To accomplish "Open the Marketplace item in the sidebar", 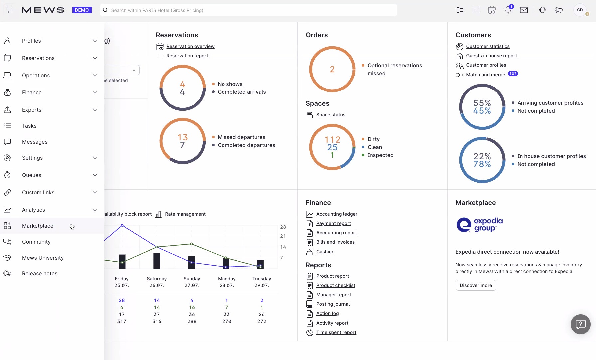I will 37,226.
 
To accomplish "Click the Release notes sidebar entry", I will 39,273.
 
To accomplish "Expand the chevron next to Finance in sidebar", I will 95,92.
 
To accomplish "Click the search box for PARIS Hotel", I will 248,10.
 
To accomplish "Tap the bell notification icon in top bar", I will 508,10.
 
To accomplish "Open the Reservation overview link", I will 190,46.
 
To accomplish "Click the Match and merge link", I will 485,75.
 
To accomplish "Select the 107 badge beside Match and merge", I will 513,74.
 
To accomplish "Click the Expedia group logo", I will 479,225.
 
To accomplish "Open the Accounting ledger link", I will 337,214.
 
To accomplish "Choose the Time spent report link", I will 336,332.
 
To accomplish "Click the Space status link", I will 331,115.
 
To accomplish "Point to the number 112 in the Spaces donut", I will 332,140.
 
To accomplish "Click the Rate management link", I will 185,214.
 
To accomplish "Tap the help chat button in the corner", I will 580,324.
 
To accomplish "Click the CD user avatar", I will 580,10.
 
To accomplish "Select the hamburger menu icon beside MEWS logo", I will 10,10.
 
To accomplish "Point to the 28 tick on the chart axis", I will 283,227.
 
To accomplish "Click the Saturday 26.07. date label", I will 157,282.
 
